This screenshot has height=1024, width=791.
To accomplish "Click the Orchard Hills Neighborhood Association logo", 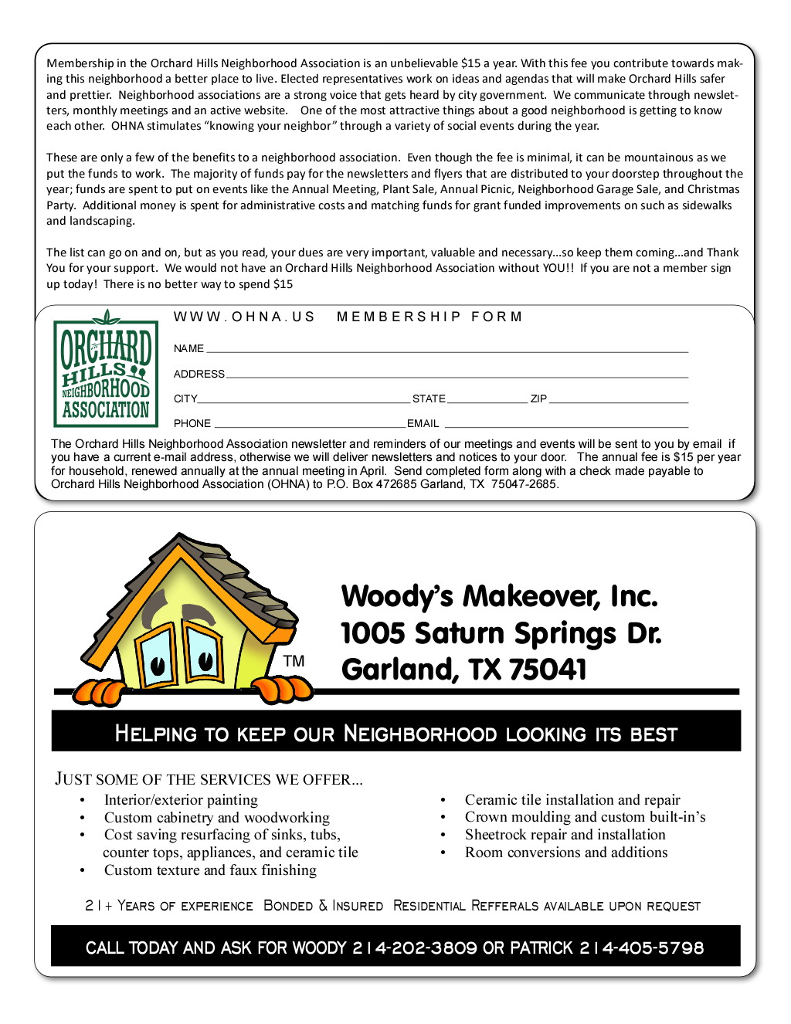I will coord(106,371).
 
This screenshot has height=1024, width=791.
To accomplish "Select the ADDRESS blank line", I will coord(456,375).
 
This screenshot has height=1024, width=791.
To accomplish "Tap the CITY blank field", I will coord(304,401).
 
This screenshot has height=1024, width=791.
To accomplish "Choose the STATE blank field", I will coord(487,401).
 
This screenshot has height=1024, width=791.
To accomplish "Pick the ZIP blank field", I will coord(618,401).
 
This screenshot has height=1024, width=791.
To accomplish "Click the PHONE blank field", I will coord(309,425).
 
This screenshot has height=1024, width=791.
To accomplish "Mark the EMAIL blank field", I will coord(566,425).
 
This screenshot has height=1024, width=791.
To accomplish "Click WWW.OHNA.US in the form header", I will coord(244,317).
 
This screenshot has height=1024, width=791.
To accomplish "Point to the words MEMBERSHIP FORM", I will coord(429,317).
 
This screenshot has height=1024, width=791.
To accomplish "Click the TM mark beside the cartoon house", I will coord(294,661).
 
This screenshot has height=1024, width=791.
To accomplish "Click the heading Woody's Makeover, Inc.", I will coord(499,596).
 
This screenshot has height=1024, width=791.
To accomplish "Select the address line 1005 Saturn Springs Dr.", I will coord(501,633).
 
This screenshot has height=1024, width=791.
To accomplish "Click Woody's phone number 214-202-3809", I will coord(415,948).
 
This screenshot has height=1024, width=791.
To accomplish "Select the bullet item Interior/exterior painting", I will coord(181,800).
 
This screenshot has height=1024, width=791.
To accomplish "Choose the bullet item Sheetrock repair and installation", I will coord(565,835).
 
